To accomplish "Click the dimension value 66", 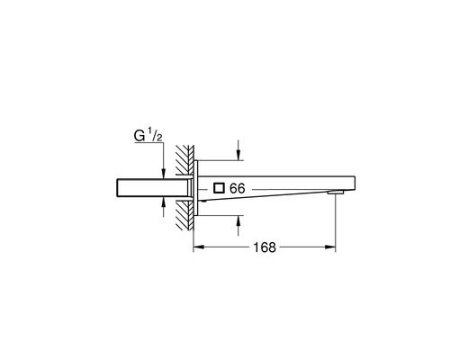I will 238,189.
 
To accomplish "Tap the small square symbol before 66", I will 220,189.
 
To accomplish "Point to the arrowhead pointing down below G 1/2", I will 163,171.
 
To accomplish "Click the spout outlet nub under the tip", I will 335,193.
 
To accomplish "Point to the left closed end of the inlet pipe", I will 118,188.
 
